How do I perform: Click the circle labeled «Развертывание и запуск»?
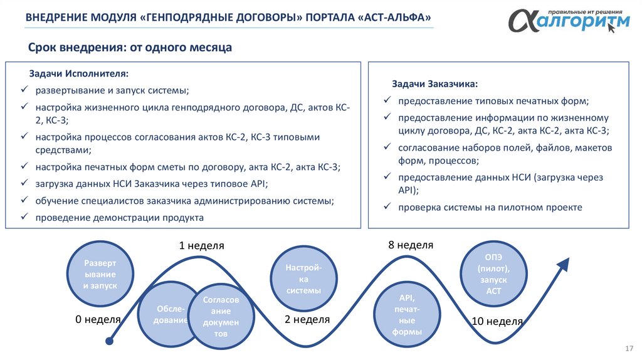pyautogui.click(x=100, y=274)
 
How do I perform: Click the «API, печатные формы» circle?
pyautogui.click(x=406, y=314)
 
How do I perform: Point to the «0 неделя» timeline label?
pyautogui.click(x=98, y=319)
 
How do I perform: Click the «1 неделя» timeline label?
pyautogui.click(x=201, y=246)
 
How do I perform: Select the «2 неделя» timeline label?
pyautogui.click(x=307, y=319)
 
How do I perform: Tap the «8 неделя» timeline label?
pyautogui.click(x=411, y=245)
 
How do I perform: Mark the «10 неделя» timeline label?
pyautogui.click(x=497, y=321)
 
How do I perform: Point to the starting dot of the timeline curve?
pyautogui.click(x=110, y=341)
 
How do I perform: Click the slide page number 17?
pyautogui.click(x=629, y=348)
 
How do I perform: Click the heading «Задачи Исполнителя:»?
pyautogui.click(x=78, y=74)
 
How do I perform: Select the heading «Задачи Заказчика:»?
pyautogui.click(x=434, y=83)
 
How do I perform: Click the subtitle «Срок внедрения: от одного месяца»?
pyautogui.click(x=130, y=48)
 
